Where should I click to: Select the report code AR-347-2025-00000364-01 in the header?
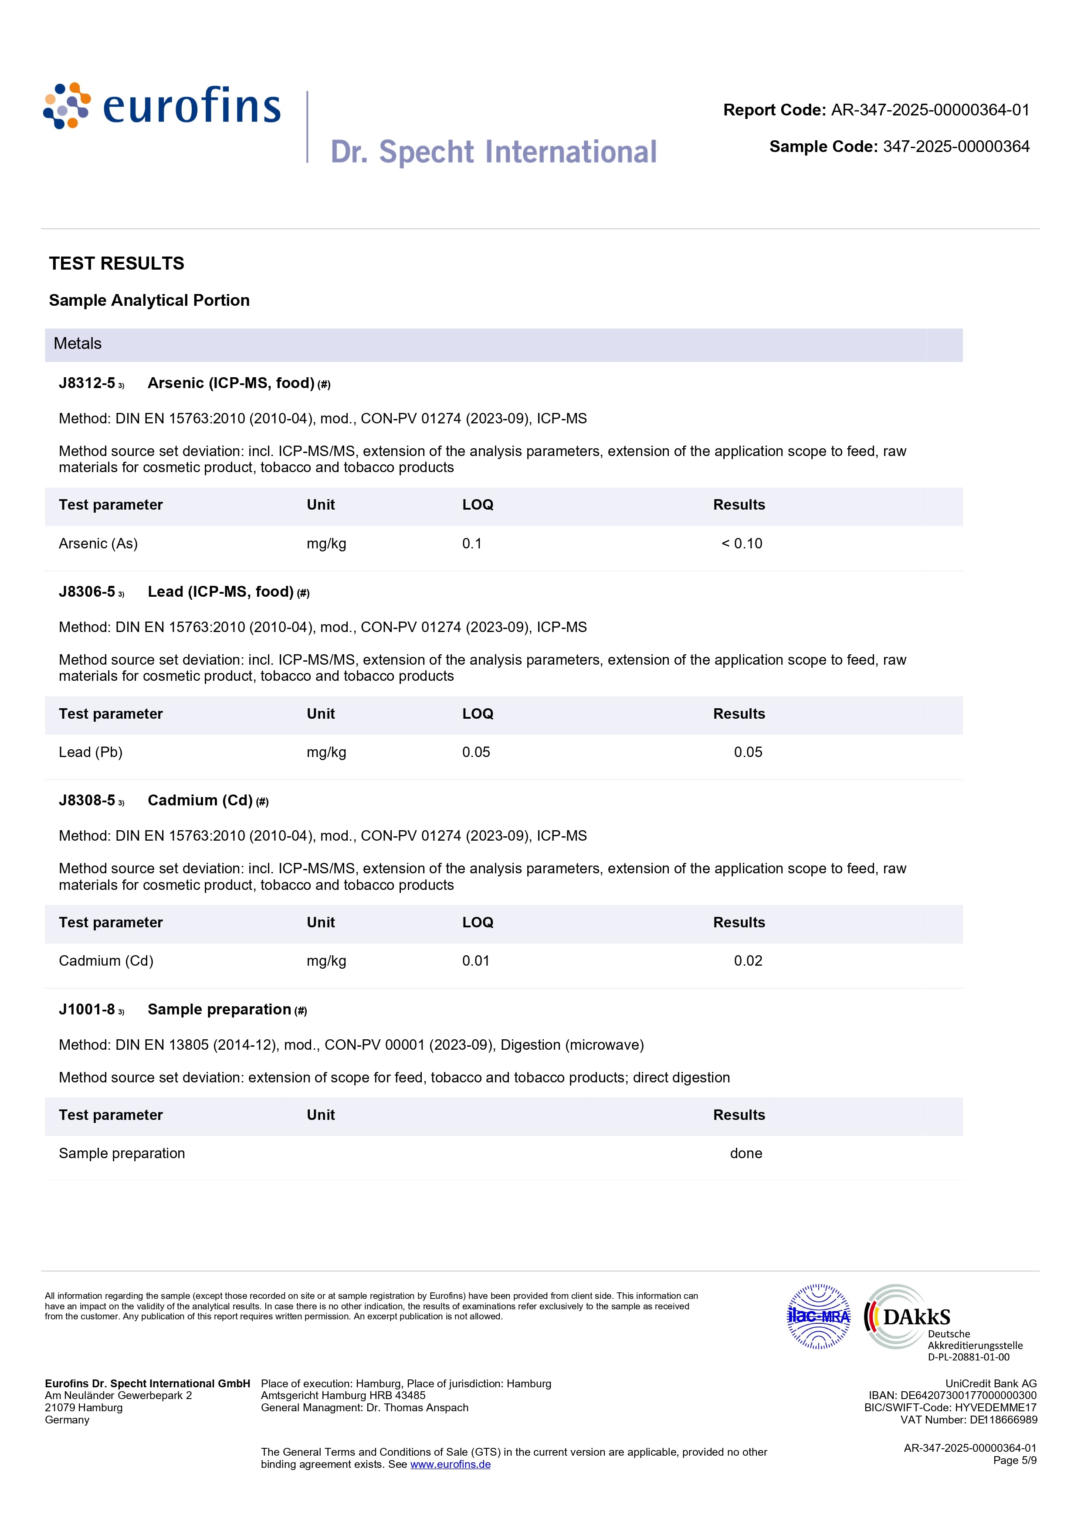coord(930,111)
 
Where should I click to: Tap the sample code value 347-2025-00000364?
coord(956,147)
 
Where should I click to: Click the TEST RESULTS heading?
coord(116,264)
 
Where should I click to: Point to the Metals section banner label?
coord(78,344)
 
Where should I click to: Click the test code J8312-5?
coord(87,383)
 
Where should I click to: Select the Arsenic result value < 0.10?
coord(742,544)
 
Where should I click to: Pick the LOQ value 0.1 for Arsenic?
coord(472,544)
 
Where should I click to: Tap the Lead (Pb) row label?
coord(91,753)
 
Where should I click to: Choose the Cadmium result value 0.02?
coord(748,961)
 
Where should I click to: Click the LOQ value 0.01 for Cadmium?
coord(476,961)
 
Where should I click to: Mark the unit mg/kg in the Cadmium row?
coord(326,961)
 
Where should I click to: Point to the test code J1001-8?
coord(87,1010)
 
